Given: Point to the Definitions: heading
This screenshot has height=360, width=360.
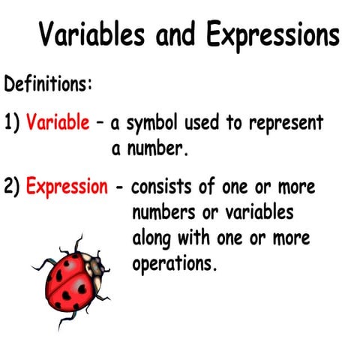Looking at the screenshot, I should pyautogui.click(x=49, y=82).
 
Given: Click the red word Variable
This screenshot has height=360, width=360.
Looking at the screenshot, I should pyautogui.click(x=57, y=123).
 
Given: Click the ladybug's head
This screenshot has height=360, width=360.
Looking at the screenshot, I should pyautogui.click(x=93, y=264).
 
